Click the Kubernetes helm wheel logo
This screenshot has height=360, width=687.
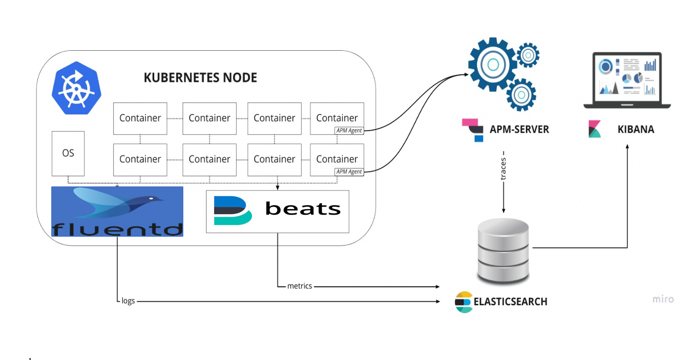tap(76, 88)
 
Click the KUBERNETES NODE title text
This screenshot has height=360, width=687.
tap(200, 78)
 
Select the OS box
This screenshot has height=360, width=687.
tap(68, 153)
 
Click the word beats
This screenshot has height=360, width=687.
tap(303, 209)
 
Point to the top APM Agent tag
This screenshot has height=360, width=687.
tap(348, 131)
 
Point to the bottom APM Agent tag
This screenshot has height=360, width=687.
tap(348, 172)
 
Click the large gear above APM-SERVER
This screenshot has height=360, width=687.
tap(493, 65)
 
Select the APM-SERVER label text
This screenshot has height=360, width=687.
tap(519, 130)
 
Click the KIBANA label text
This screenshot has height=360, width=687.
tap(636, 130)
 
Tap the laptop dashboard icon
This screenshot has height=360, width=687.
tap(627, 80)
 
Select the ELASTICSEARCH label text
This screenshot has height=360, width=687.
tap(510, 302)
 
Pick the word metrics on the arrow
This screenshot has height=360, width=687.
tap(300, 286)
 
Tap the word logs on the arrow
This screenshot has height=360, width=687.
tap(128, 301)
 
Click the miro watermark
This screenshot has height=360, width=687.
tap(662, 299)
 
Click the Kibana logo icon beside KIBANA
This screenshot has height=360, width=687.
tap(595, 129)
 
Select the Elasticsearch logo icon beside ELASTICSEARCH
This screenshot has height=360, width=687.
tap(463, 302)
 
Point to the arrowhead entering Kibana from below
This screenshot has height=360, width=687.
tap(627, 146)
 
